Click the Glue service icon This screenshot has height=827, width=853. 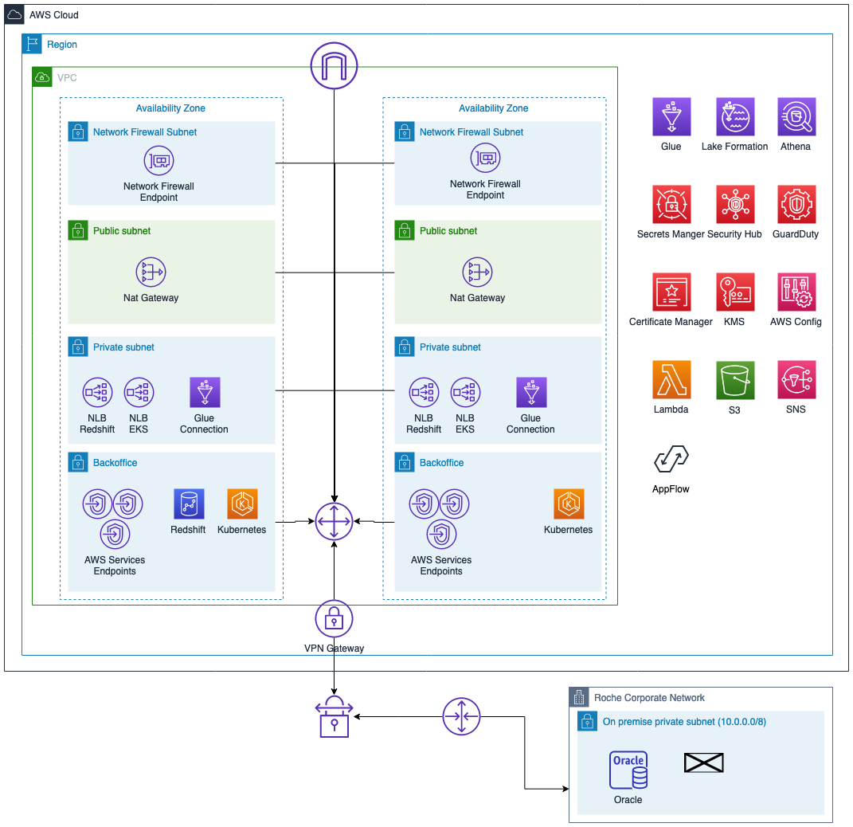[x=671, y=116]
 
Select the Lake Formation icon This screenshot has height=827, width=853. [x=735, y=116]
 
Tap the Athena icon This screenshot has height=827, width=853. [x=796, y=116]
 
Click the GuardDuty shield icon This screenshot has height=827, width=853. [x=796, y=204]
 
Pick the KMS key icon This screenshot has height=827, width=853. [x=735, y=292]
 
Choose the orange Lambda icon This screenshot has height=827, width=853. [x=671, y=379]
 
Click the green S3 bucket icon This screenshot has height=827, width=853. [x=735, y=380]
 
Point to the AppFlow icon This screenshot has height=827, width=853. [x=671, y=459]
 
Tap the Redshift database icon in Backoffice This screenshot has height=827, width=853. [x=189, y=504]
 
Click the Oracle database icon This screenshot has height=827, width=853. [x=628, y=770]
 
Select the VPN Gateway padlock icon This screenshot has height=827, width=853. [x=334, y=618]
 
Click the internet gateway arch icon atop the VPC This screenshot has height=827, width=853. [x=334, y=66]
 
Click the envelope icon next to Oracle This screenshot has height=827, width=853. [x=703, y=762]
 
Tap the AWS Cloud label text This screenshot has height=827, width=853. [x=54, y=14]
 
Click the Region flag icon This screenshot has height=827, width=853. [x=32, y=44]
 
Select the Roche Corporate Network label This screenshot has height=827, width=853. [x=649, y=697]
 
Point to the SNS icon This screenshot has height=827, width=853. [x=796, y=379]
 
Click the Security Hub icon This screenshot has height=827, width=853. [x=735, y=204]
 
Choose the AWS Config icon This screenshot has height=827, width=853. [x=796, y=292]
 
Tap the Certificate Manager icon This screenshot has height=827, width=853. [x=671, y=292]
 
